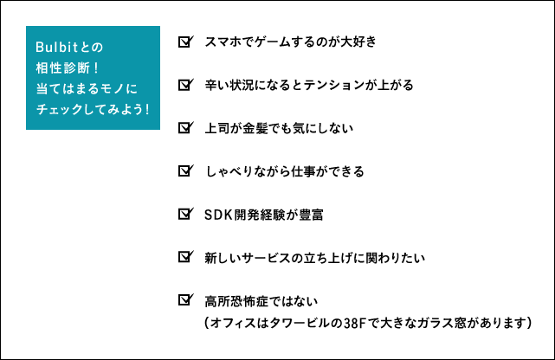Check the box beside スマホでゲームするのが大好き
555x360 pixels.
pos(186,42)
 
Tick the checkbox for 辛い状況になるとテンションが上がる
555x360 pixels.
pos(186,85)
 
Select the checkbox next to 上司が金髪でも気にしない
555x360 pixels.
pos(186,128)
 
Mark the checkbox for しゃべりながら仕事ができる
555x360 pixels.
pos(186,170)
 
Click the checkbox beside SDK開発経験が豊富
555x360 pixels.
pos(186,214)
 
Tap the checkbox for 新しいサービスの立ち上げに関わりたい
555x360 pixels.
pos(186,257)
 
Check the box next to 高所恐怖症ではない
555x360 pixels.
pos(186,300)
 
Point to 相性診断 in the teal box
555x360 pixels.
pos(63,67)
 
